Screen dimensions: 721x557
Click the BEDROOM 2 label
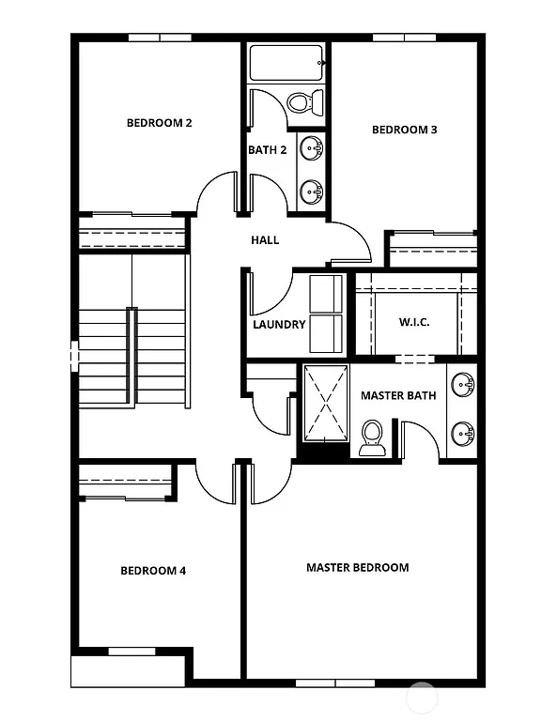(x=160, y=122)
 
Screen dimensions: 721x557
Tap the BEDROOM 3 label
(x=405, y=130)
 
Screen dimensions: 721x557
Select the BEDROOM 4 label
(x=153, y=570)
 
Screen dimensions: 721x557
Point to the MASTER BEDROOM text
(x=358, y=567)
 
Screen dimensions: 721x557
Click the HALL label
(x=265, y=240)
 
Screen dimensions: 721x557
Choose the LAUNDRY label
(x=279, y=325)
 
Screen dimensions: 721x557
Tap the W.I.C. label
(x=414, y=322)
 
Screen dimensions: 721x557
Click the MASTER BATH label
(x=398, y=395)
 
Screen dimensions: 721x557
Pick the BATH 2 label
(x=268, y=150)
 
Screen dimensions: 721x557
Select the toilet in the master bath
(x=372, y=437)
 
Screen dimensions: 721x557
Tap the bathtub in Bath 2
(x=286, y=64)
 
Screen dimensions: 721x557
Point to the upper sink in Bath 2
(x=312, y=147)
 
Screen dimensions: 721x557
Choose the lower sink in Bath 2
(x=312, y=192)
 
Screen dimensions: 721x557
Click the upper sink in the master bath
(x=462, y=385)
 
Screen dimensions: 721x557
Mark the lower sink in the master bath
(x=462, y=433)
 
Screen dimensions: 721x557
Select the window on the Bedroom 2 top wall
(x=160, y=38)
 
